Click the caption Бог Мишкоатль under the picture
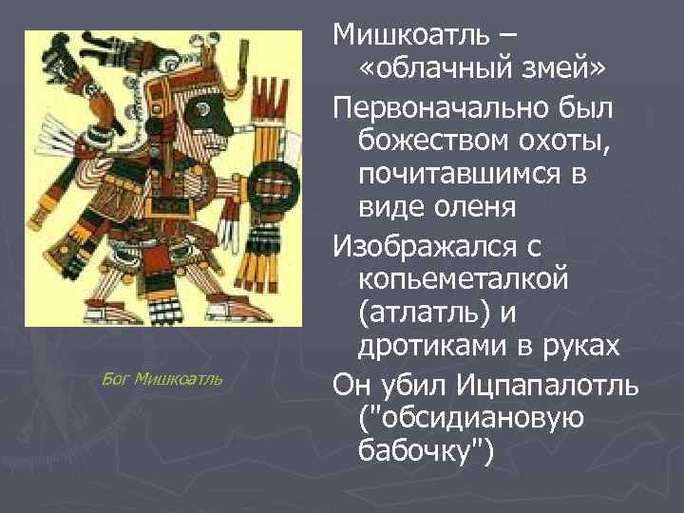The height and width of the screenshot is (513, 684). click(161, 379)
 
